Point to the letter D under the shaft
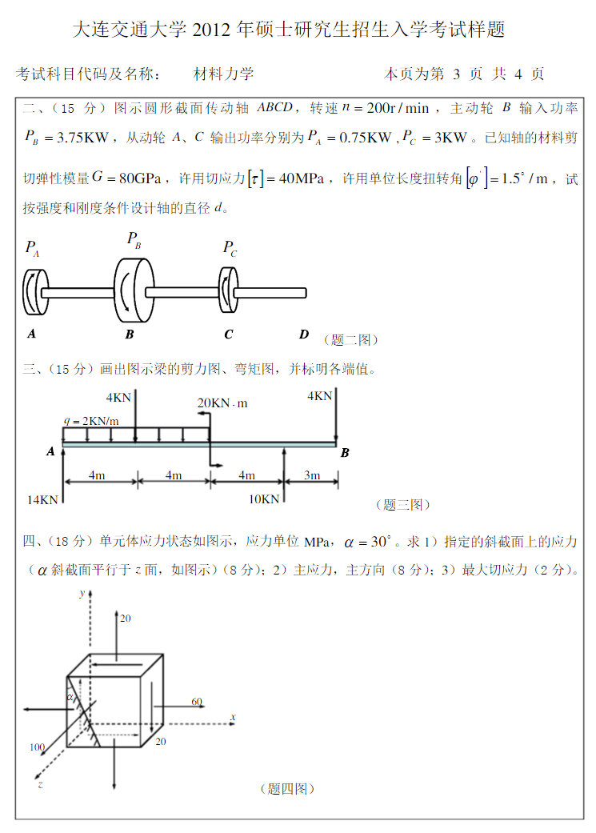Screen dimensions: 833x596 tap(303, 334)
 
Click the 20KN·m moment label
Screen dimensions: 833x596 tap(222, 403)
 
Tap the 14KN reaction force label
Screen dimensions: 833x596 tap(42, 499)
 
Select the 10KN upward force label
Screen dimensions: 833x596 tap(264, 499)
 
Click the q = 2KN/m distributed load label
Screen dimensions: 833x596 tap(91, 421)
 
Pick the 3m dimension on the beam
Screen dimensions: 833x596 tap(312, 475)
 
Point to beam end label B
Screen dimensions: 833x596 tap(345, 453)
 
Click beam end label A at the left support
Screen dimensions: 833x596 tap(51, 451)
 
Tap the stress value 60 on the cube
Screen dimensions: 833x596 tap(197, 702)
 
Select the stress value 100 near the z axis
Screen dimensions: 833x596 tap(37, 747)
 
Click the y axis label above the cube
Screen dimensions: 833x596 tap(82, 593)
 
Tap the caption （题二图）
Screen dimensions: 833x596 tap(350, 339)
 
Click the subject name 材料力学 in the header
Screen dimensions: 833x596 tap(223, 74)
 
